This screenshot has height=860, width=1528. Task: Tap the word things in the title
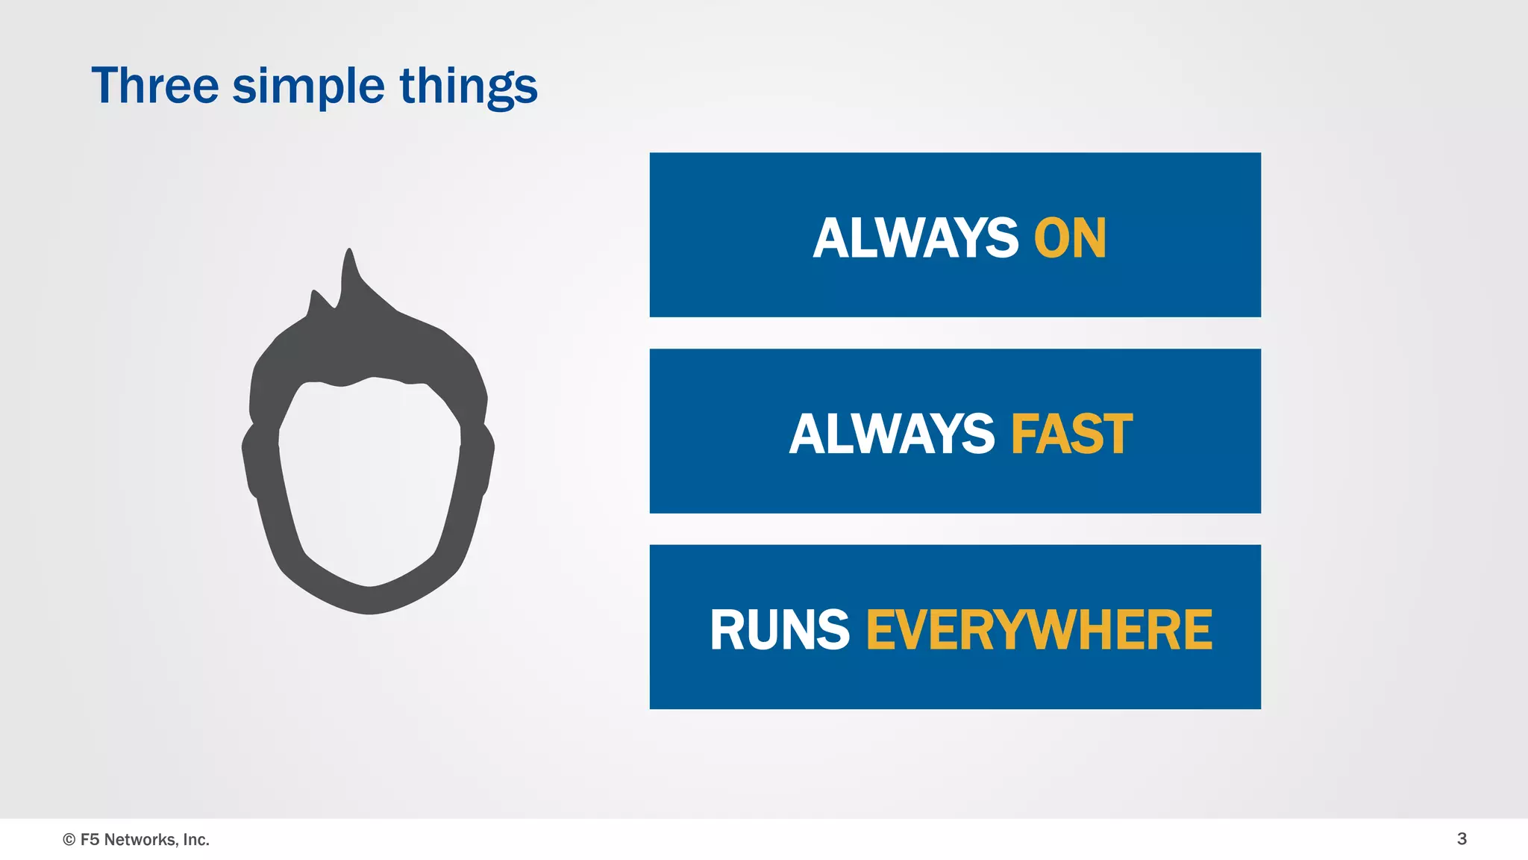tap(469, 87)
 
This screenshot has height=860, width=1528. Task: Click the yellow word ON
tap(1070, 239)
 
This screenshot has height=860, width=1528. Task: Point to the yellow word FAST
tap(1071, 434)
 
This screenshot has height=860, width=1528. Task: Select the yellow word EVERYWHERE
tap(1039, 630)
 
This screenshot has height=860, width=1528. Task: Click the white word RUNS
tap(780, 630)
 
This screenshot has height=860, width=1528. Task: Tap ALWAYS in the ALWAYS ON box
tap(915, 239)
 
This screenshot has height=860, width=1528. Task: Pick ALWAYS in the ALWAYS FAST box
tap(892, 434)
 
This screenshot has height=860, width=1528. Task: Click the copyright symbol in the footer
tap(69, 840)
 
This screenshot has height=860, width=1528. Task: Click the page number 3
tap(1462, 839)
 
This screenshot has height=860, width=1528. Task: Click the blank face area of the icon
tap(369, 478)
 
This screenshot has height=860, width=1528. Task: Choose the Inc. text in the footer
tap(195, 840)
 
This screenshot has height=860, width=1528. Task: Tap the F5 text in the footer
tap(90, 840)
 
